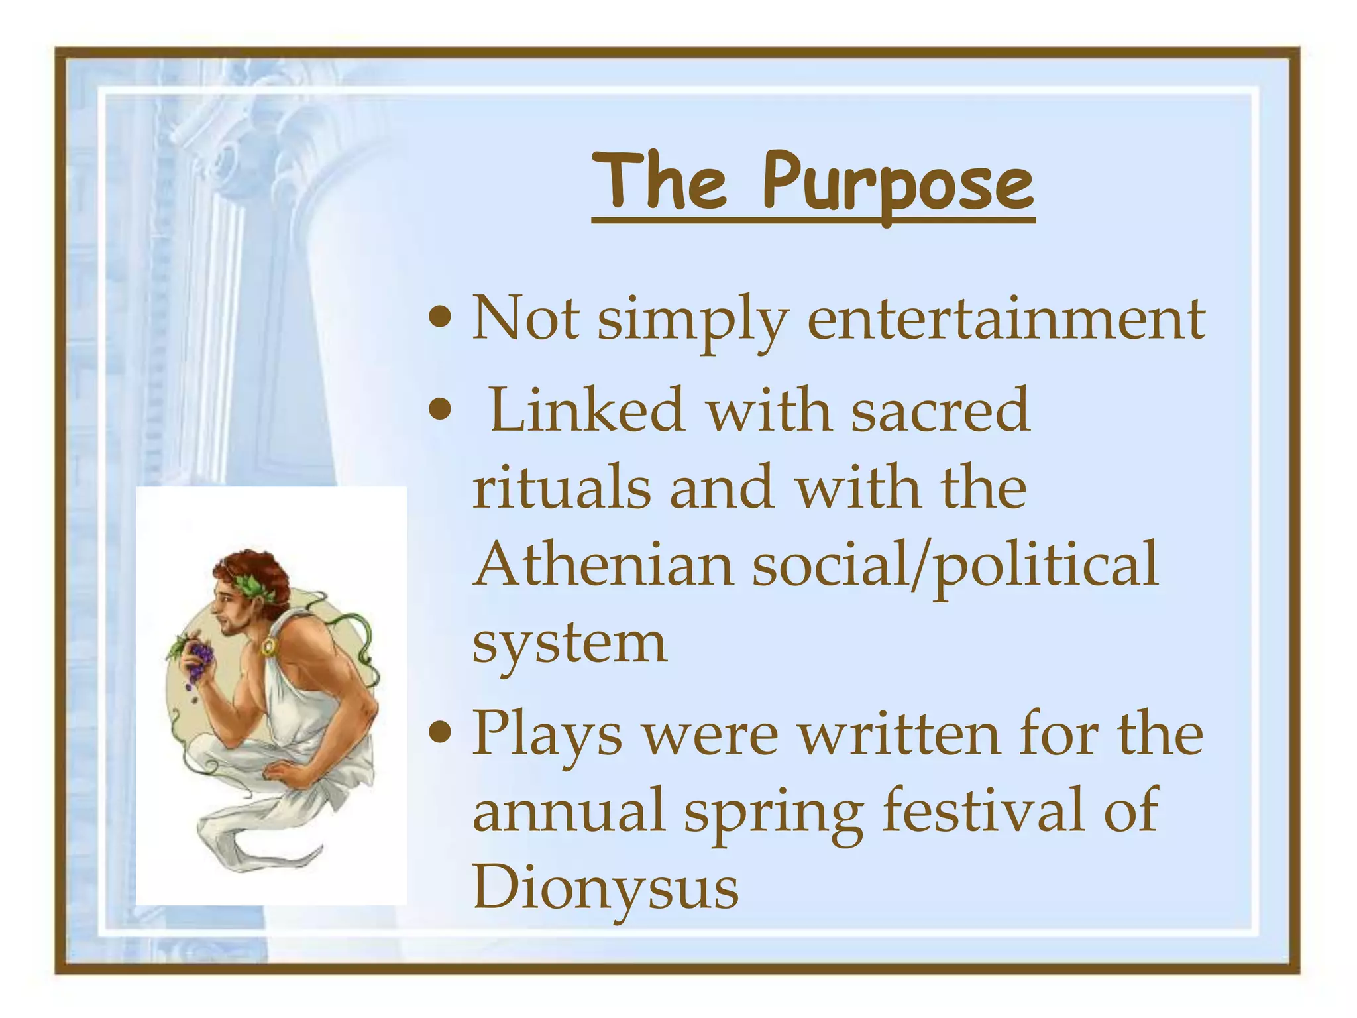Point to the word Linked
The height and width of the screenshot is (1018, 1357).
tap(586, 411)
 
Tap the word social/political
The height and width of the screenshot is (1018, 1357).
tap(955, 565)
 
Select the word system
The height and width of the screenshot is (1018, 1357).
tap(569, 642)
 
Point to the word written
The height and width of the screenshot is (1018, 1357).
tap(898, 734)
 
